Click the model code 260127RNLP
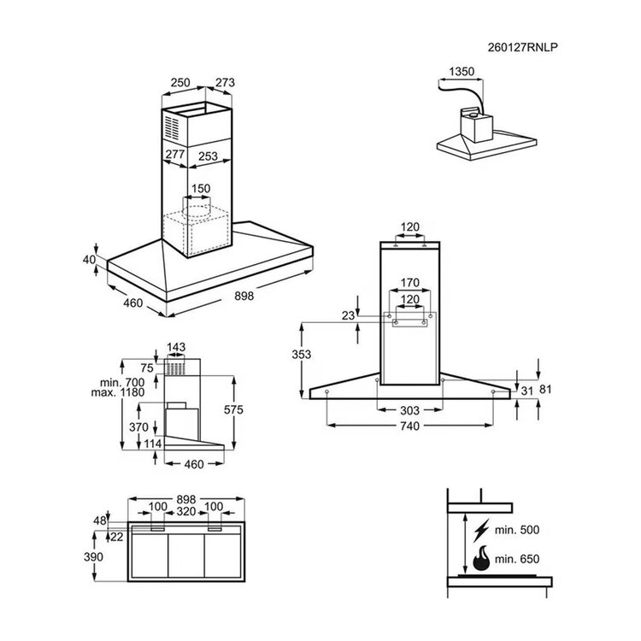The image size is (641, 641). point(522,47)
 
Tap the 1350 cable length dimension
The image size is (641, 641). point(462,72)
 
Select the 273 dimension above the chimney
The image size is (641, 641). point(225,83)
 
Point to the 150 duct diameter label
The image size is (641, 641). point(201,189)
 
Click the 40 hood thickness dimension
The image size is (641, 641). point(89,260)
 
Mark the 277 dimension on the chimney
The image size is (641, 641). point(175,154)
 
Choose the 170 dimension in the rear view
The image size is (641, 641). point(409,283)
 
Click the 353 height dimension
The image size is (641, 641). point(302,355)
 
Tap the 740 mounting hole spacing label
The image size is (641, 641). point(409,426)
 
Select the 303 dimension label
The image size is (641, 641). point(409,410)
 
